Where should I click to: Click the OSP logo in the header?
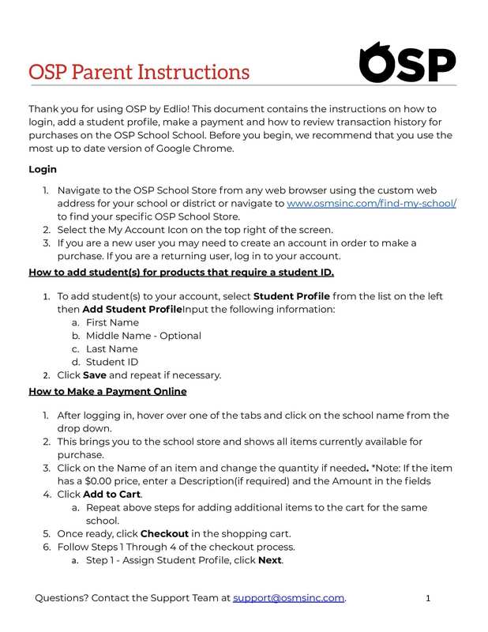point(407,62)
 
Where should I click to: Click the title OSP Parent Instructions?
point(139,72)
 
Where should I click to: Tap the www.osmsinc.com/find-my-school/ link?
point(371,204)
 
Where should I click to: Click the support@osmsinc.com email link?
point(288,598)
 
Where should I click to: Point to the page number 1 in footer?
point(427,598)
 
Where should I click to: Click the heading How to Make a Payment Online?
point(107,391)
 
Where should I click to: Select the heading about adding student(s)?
point(181,273)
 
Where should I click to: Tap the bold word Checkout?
point(168,534)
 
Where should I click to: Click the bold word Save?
point(95,375)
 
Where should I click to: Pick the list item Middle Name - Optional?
point(143,336)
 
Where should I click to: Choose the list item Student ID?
point(112,362)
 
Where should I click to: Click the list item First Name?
point(112,322)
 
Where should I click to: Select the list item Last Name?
point(111,349)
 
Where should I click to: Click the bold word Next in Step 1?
point(270,561)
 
